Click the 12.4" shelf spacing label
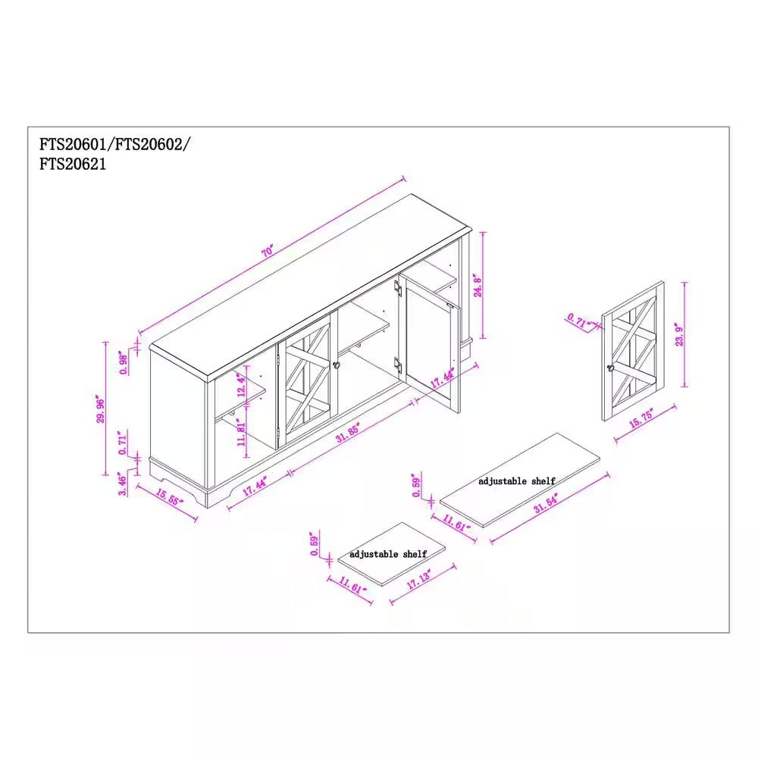click(240, 388)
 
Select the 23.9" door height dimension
click(679, 334)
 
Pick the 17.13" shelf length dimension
click(418, 582)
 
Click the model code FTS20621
click(73, 163)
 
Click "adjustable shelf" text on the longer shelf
click(516, 481)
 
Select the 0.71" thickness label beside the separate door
click(578, 321)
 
